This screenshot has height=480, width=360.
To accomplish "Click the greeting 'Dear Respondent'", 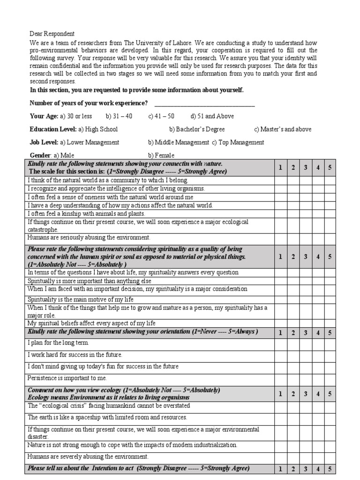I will click(52, 34).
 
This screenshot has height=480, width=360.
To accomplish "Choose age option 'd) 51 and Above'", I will click(212, 116).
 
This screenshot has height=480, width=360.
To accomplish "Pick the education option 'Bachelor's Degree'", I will click(197, 129).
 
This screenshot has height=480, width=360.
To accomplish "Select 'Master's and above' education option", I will click(283, 129).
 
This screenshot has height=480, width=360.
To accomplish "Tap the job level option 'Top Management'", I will click(238, 142).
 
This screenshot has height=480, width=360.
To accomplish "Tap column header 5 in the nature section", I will click(330, 167).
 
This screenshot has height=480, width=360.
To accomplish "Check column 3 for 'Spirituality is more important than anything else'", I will click(305, 281).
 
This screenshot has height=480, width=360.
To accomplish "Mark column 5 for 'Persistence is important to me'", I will click(330, 378).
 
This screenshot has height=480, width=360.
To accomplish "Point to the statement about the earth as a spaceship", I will click(107, 417).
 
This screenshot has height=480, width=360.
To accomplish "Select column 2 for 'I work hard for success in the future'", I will click(293, 355).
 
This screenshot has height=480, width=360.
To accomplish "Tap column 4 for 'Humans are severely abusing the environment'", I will click(317, 456).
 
